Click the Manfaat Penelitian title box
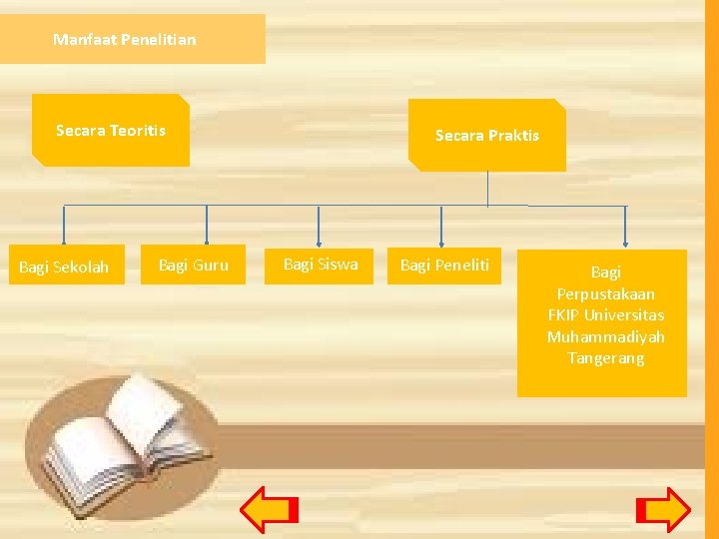tap(132, 39)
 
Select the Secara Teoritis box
tap(111, 130)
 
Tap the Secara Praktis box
tap(487, 135)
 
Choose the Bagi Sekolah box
tap(66, 266)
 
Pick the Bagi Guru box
tap(194, 265)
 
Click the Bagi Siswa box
tap(320, 265)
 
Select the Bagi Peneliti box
tap(444, 265)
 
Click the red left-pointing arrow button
tap(270, 509)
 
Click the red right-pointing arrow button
tap(663, 509)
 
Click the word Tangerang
tap(605, 357)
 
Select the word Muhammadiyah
tap(605, 336)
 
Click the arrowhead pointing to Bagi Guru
tap(207, 239)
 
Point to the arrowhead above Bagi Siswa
tap(319, 239)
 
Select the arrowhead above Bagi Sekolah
tap(65, 239)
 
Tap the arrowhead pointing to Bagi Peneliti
tap(442, 239)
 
